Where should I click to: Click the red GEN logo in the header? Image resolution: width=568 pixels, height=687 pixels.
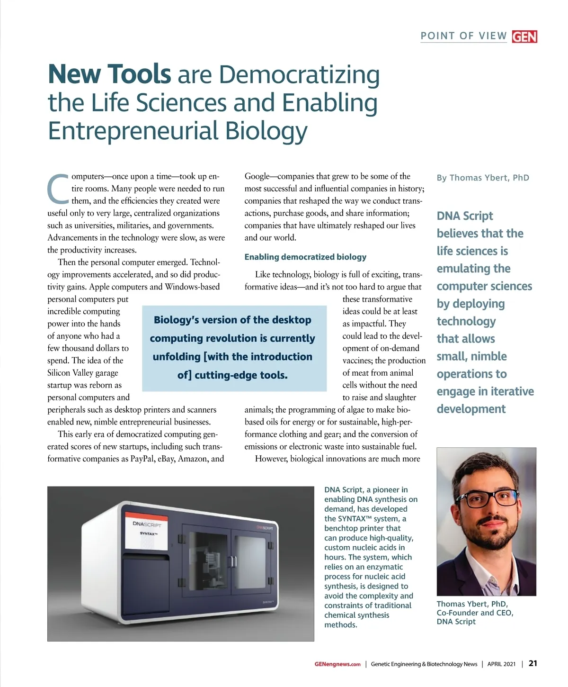click(x=524, y=36)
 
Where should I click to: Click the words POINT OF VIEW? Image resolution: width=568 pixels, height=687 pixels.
click(x=463, y=36)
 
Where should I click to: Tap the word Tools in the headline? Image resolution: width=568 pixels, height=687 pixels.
click(x=139, y=74)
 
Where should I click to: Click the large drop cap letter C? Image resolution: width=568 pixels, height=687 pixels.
click(x=58, y=188)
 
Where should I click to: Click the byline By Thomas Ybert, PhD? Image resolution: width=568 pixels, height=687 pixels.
click(x=483, y=178)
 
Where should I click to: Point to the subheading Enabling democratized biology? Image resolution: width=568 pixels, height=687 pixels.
click(x=305, y=257)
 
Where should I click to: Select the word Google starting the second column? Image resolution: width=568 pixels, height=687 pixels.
click(x=257, y=176)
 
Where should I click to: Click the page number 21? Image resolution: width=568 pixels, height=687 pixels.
click(x=532, y=663)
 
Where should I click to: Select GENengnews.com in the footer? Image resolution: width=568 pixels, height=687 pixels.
click(x=337, y=664)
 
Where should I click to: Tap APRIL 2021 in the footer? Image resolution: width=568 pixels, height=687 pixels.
click(x=501, y=664)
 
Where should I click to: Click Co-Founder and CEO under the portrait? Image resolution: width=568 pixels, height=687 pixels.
click(x=475, y=613)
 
